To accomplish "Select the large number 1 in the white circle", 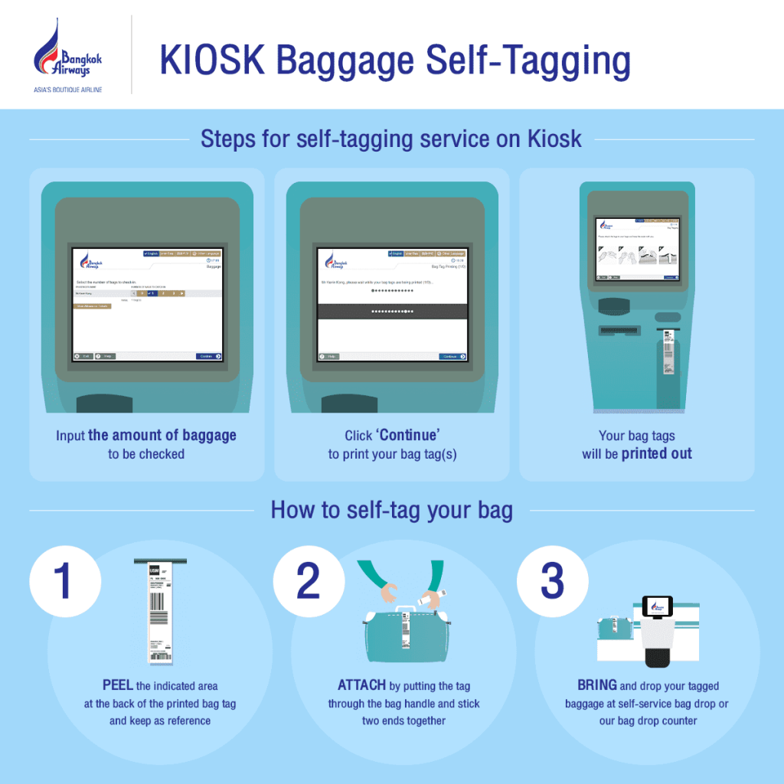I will click(64, 580).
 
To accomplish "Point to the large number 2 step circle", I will click(308, 580).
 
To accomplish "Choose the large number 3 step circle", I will click(552, 580).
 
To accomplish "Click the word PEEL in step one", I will click(118, 685).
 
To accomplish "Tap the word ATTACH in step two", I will click(361, 685).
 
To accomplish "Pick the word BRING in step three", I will click(597, 685).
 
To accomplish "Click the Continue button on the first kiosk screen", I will click(208, 356).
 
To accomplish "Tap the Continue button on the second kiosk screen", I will click(452, 356).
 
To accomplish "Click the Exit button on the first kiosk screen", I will click(83, 356).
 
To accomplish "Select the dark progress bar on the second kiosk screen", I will click(392, 312).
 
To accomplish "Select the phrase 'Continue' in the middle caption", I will click(409, 436).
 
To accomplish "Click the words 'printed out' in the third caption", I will click(656, 453).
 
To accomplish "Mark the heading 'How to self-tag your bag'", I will click(391, 510).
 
